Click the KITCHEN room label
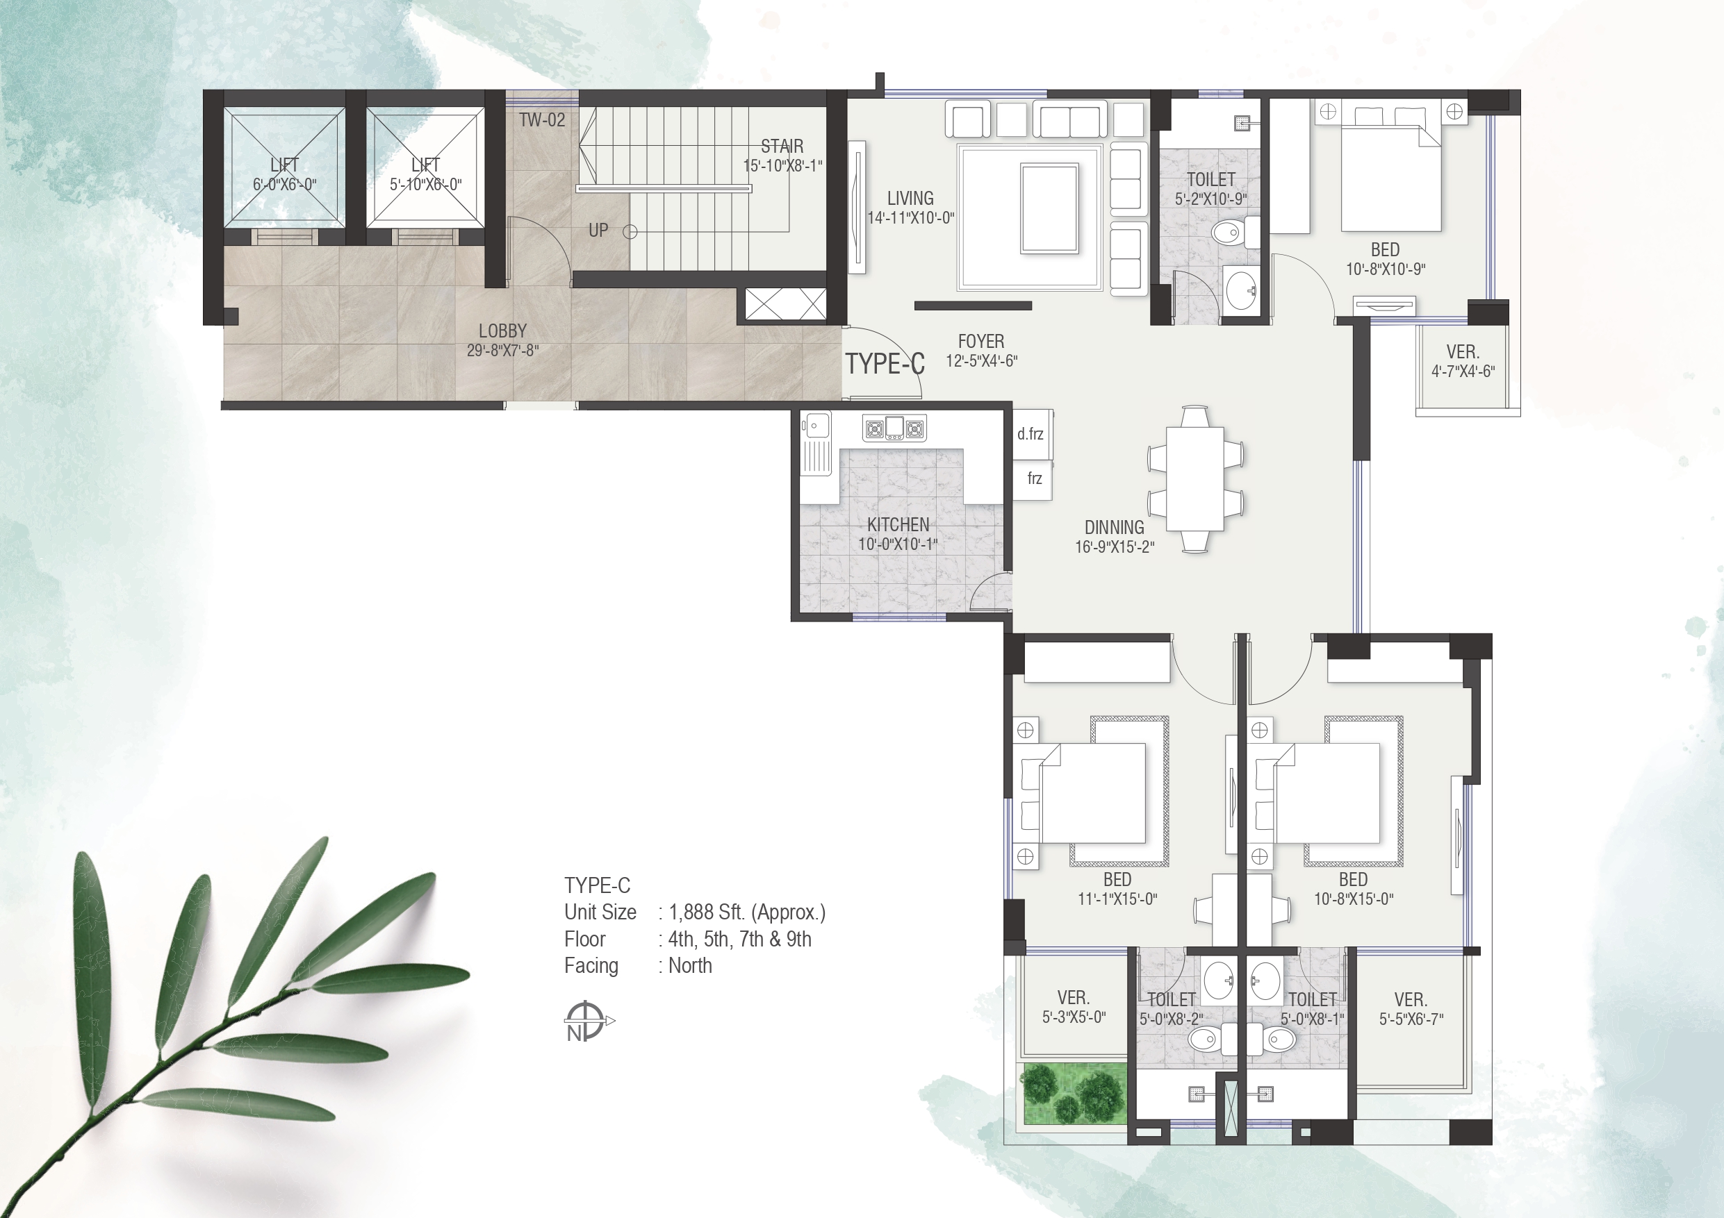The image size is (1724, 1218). click(x=898, y=524)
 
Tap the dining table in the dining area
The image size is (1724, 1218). click(x=1195, y=478)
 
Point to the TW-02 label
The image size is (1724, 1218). click(x=542, y=120)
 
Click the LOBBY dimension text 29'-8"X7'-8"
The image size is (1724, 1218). click(x=502, y=351)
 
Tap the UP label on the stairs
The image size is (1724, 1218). click(x=598, y=231)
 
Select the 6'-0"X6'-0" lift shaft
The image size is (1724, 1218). click(x=285, y=167)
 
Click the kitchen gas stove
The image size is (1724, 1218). click(x=894, y=428)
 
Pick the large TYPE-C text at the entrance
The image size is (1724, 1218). click(x=885, y=364)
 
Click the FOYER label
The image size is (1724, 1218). click(x=980, y=342)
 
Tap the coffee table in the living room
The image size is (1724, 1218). click(x=1049, y=208)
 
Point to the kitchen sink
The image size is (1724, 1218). click(x=816, y=426)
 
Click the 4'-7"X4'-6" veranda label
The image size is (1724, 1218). click(x=1463, y=371)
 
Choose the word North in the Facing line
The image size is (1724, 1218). click(x=690, y=966)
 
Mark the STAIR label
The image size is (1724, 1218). click(x=782, y=147)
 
